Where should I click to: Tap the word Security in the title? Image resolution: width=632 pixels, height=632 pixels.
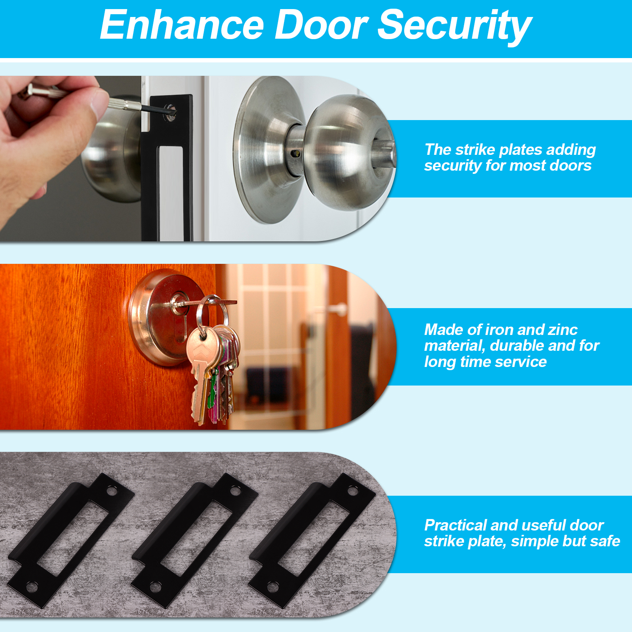[455, 27]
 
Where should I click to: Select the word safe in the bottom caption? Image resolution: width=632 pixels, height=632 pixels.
[605, 541]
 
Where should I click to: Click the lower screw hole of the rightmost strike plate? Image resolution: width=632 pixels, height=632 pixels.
[273, 587]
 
